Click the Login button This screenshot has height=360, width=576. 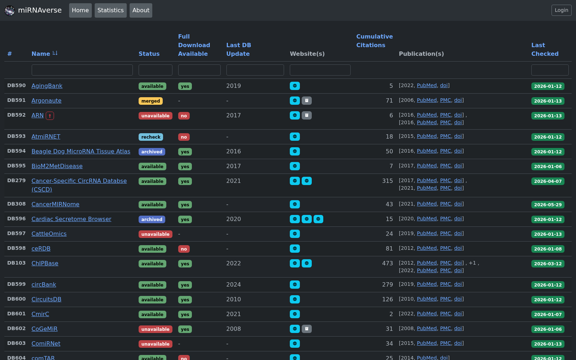click(x=561, y=10)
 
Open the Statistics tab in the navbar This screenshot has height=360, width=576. click(x=111, y=10)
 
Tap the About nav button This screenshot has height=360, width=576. click(x=141, y=10)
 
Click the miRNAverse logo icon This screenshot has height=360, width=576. click(x=10, y=10)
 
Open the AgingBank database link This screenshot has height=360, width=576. click(x=47, y=86)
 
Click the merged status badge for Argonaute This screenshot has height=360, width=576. click(x=151, y=101)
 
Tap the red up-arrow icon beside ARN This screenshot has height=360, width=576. click(x=50, y=116)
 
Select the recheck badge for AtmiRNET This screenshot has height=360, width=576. click(x=151, y=137)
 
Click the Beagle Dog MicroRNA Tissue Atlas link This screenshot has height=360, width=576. click(x=81, y=152)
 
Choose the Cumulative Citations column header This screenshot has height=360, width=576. click(x=374, y=41)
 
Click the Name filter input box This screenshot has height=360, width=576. click(x=82, y=70)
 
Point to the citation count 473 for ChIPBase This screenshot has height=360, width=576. click(x=387, y=263)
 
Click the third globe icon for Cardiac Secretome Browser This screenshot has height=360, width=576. click(x=318, y=219)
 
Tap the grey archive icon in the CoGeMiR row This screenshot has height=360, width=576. click(x=306, y=329)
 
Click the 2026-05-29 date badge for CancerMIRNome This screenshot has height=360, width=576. click(x=548, y=205)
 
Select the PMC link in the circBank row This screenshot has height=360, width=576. click(x=445, y=284)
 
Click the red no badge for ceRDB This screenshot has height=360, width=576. click(x=184, y=249)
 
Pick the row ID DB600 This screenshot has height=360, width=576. click(x=17, y=299)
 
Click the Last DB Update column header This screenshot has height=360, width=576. click(x=239, y=49)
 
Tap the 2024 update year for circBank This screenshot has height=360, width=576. click(x=234, y=285)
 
